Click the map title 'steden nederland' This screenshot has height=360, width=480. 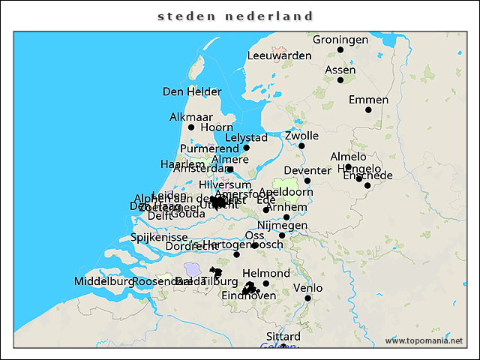(x=235, y=16)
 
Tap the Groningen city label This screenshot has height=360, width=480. (x=340, y=39)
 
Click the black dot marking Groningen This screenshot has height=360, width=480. (x=340, y=49)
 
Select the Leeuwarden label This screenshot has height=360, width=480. (x=279, y=55)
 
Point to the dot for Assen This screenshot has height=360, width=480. (x=340, y=80)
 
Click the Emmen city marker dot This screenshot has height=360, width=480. (x=368, y=110)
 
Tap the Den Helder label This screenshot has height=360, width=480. (x=192, y=91)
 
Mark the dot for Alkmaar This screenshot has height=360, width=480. (x=191, y=127)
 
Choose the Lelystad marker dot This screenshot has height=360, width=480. (x=247, y=148)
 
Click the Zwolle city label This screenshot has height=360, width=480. (x=301, y=136)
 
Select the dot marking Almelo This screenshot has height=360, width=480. (x=349, y=167)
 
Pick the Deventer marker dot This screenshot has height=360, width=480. (x=307, y=181)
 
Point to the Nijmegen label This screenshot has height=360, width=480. (x=282, y=225)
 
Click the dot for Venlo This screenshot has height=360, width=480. (x=307, y=298)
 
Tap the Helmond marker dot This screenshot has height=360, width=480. (x=266, y=283)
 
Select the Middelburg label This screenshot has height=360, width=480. (x=103, y=281)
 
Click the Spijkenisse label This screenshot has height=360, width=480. (x=159, y=237)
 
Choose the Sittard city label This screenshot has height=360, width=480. (x=283, y=336)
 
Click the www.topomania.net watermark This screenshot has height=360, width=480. (x=424, y=340)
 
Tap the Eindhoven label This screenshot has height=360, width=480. (x=249, y=296)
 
